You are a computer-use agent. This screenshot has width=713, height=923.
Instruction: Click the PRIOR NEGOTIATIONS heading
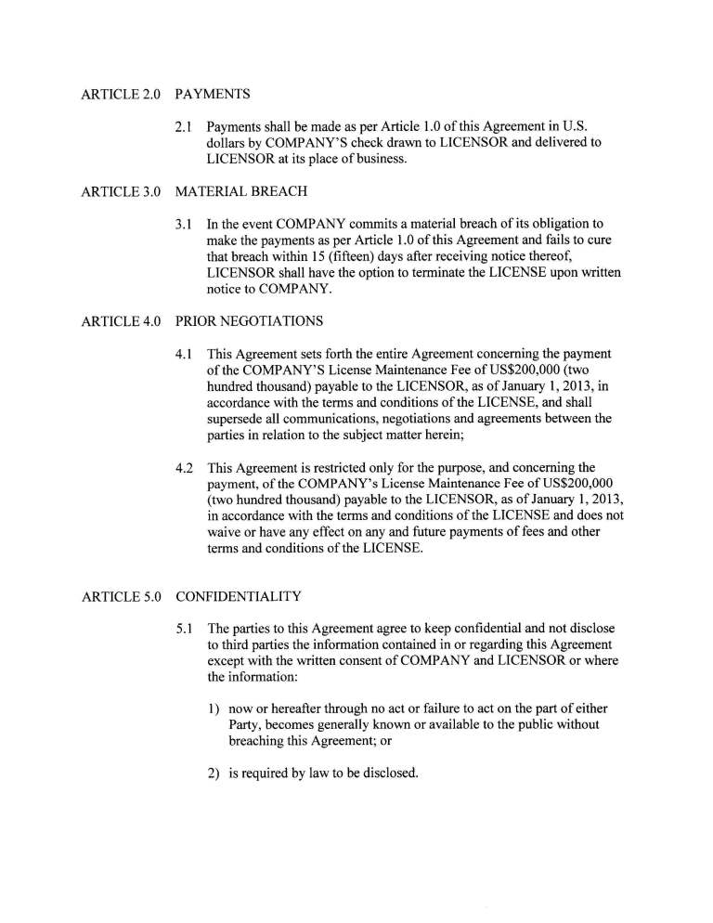point(249,321)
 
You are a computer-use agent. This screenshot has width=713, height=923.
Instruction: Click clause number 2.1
point(184,126)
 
